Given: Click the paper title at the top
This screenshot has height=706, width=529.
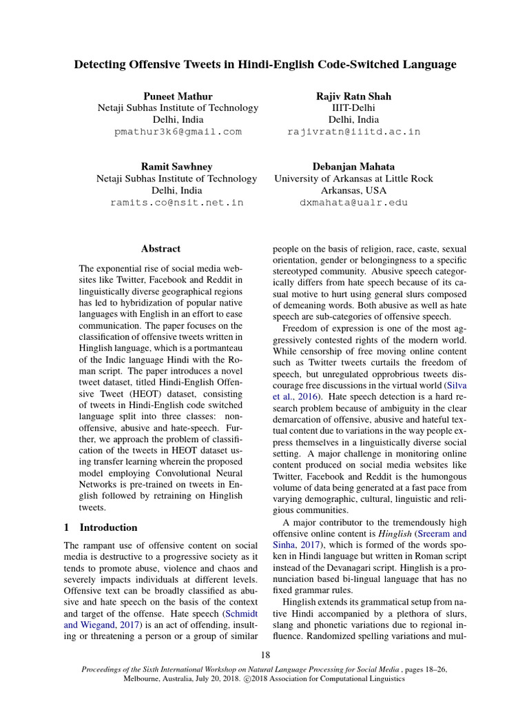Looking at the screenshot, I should coord(265,65).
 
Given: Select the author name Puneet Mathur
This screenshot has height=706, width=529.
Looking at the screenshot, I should coord(177,96).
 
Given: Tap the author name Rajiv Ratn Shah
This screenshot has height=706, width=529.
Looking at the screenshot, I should coord(353,96).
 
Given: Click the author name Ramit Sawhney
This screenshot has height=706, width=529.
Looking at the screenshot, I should coord(177,167).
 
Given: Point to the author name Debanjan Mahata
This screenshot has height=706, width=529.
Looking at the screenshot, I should coord(353,167).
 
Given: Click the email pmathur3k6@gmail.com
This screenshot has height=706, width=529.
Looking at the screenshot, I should coord(178,132).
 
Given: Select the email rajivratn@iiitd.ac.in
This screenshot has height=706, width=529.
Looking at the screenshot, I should coord(353,132).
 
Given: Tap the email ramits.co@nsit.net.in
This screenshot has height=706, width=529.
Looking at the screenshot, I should coord(177,203).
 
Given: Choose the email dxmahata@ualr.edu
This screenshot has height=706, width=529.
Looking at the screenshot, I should coord(353,203).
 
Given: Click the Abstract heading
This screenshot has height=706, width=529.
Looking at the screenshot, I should coord(160,249).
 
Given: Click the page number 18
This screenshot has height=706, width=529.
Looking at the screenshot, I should coord(265,654).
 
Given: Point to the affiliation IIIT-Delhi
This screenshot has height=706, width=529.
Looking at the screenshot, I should coord(353,108).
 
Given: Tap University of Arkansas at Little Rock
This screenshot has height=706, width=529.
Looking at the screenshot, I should coord(353,179).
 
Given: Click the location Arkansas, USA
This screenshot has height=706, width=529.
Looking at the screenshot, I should coord(353,190).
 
